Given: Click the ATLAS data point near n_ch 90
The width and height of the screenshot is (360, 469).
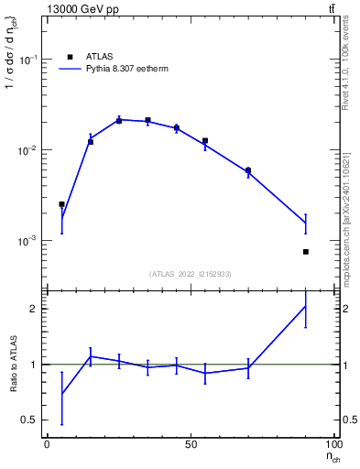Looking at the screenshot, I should (306, 251).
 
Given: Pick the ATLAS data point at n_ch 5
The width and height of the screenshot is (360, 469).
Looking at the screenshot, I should (61, 204).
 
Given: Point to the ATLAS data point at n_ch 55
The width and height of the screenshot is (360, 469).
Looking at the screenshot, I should (205, 141).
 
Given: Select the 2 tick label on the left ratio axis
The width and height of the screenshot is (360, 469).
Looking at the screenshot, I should (35, 309).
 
